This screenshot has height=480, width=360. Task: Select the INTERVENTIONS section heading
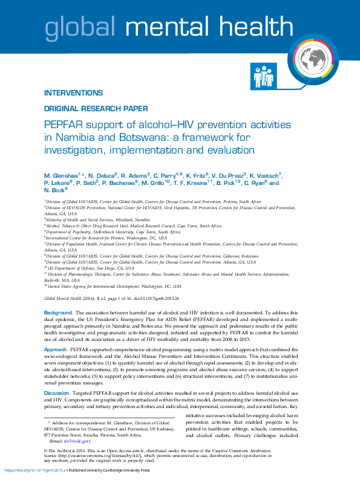73,94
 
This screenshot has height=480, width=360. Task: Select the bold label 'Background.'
58,313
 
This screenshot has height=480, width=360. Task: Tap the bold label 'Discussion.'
58,393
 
